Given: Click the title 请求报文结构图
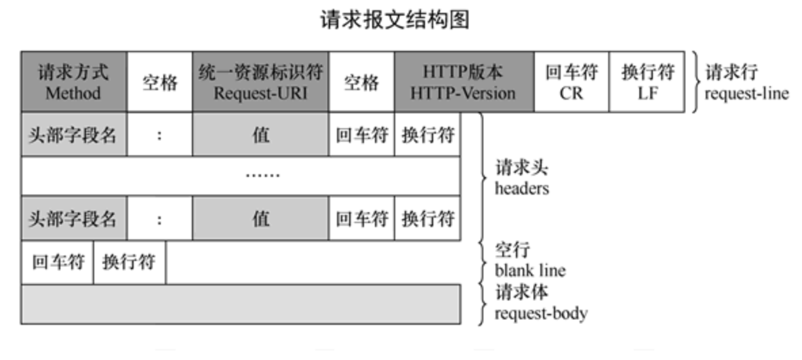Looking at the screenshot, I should pos(395,20).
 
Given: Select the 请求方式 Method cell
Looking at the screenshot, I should pos(73,82).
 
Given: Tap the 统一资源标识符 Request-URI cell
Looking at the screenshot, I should pos(260,82).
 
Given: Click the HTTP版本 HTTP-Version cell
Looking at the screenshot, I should pos(464,82).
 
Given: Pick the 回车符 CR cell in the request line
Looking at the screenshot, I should pos(572,82).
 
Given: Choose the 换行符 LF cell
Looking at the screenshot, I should pos(647,82).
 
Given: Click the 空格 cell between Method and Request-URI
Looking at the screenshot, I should pos(160,82).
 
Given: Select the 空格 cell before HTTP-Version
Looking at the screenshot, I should pos(361,82).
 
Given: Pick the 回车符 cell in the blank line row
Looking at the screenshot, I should pos(57,262).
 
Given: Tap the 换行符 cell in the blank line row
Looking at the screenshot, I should pos(129,262).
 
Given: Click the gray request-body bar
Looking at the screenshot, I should pos(241,303).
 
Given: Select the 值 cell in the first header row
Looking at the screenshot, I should pos(260,134).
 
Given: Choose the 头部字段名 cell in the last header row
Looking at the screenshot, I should pos(73,218).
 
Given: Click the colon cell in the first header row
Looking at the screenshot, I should pos(160,134).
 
